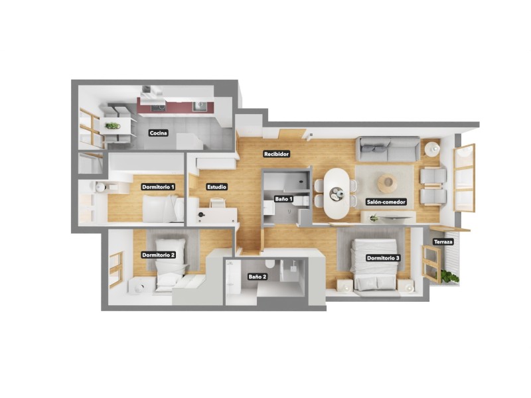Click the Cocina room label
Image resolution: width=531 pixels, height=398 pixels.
pyautogui.click(x=159, y=133)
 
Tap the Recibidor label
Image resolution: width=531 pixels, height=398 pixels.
pyautogui.click(x=276, y=154)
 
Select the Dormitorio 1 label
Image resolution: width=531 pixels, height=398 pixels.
pyautogui.click(x=159, y=187)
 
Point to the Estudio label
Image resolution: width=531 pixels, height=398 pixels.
pyautogui.click(x=217, y=187)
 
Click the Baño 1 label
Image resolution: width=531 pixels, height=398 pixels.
pyautogui.click(x=284, y=199)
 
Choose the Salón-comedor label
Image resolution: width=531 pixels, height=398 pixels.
pyautogui.click(x=386, y=202)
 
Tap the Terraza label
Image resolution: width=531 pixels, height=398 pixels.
pyautogui.click(x=443, y=242)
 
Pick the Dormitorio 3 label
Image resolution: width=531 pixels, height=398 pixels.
pyautogui.click(x=384, y=258)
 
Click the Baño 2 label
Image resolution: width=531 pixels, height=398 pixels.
pyautogui.click(x=258, y=277)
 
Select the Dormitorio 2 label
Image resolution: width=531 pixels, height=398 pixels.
pyautogui.click(x=159, y=255)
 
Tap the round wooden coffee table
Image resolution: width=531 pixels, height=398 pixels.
pyautogui.click(x=388, y=182)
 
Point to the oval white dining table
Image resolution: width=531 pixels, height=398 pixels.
pyautogui.click(x=337, y=193)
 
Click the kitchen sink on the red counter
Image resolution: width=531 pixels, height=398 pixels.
pyautogui.click(x=198, y=106)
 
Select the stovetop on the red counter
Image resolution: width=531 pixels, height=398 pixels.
pyautogui.click(x=158, y=107)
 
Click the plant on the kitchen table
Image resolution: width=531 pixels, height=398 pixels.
pyautogui.click(x=112, y=126)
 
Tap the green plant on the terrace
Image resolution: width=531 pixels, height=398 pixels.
pyautogui.click(x=451, y=277)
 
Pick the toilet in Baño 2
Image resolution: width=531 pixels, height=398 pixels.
pyautogui.click(x=271, y=265)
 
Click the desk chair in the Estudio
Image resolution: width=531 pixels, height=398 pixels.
pyautogui.click(x=217, y=202)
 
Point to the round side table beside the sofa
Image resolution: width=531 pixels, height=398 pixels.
pyautogui.click(x=433, y=149)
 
